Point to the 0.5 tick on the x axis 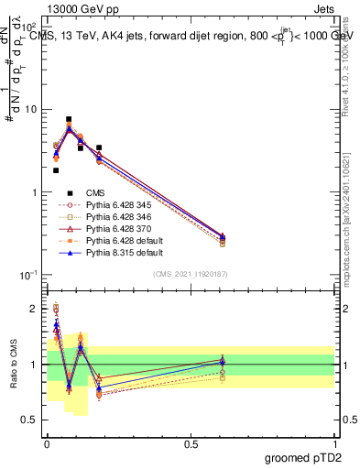[191, 443]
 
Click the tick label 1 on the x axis [333, 443]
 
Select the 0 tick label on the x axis [47, 443]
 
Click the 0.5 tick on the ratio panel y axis [31, 420]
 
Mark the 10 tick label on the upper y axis [31, 110]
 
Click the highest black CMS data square [69, 119]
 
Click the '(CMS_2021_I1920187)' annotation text [191, 274]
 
